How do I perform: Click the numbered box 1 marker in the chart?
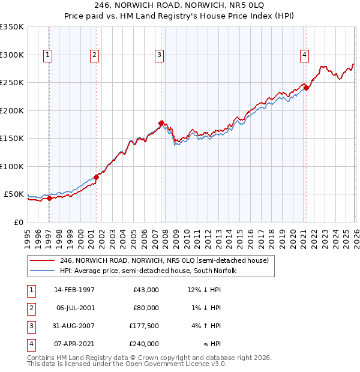pos(47,55)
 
